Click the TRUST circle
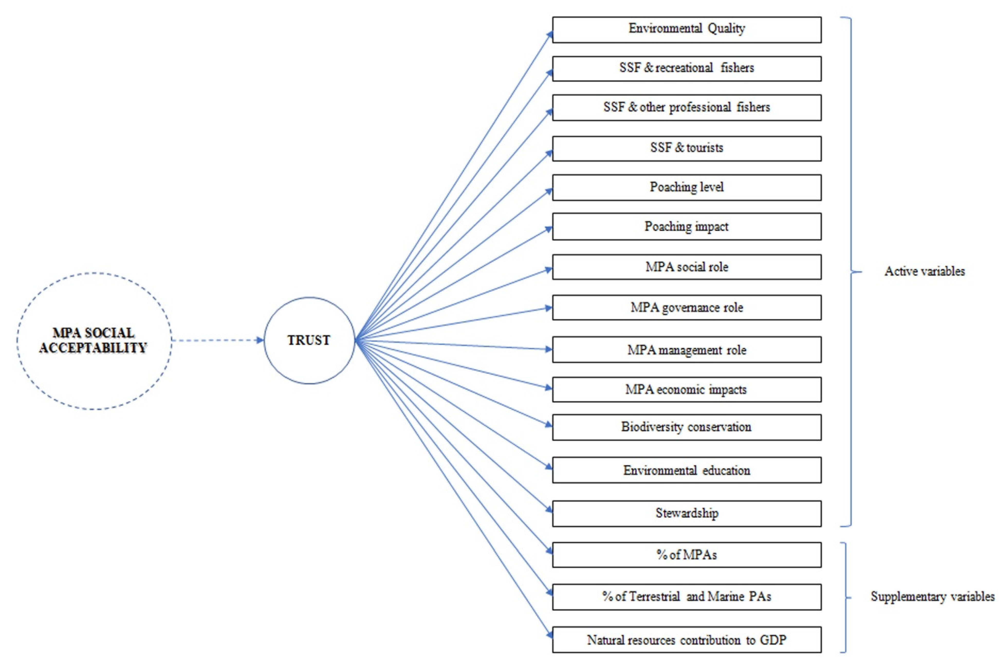coord(309,340)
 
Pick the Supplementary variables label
coord(932,597)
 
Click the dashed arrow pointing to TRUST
coord(217,340)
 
